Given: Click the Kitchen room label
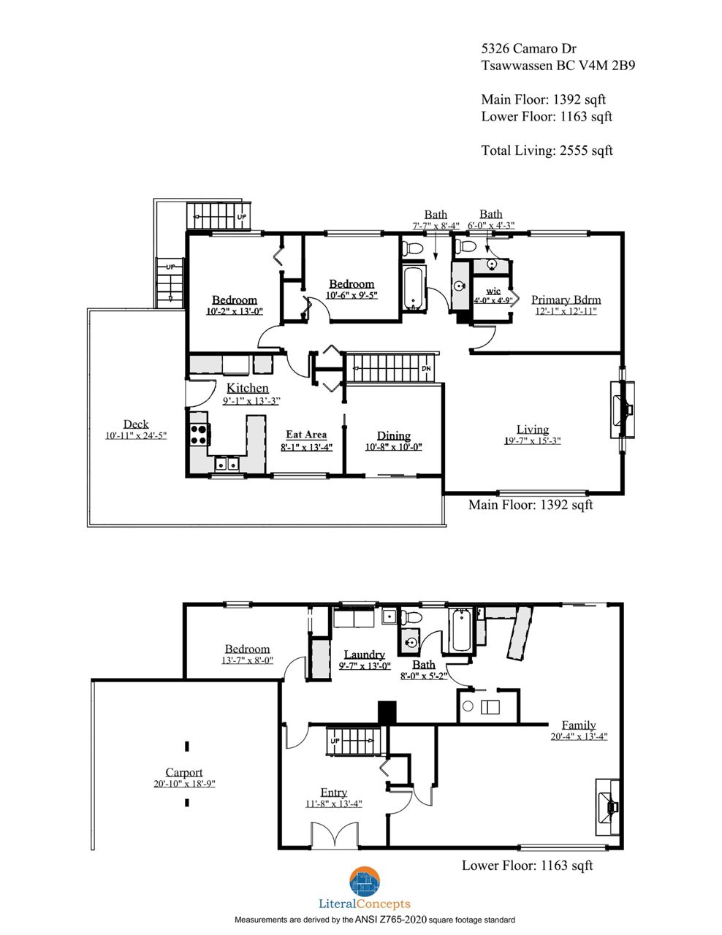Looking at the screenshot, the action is tap(248, 388).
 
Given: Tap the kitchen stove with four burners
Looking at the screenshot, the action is tap(199, 434).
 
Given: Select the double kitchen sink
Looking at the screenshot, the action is tap(227, 464).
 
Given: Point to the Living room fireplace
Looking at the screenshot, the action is tap(622, 410).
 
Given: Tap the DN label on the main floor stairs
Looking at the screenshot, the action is tap(426, 369).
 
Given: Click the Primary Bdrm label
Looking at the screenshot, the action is tap(566, 299).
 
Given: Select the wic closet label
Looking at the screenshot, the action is tap(493, 291).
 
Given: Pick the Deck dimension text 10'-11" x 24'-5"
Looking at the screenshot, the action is tap(136, 435).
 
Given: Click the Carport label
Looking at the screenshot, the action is tap(183, 772).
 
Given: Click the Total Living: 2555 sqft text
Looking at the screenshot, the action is tap(547, 150).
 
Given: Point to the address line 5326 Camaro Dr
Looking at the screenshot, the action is tap(529, 48).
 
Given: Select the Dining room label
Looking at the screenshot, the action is tap(394, 436).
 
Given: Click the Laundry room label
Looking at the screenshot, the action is tap(365, 654).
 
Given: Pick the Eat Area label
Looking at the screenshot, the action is tap(306, 435).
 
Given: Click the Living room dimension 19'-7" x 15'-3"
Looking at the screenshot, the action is tap(533, 440).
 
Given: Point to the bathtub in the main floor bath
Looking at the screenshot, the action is tap(414, 287).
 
